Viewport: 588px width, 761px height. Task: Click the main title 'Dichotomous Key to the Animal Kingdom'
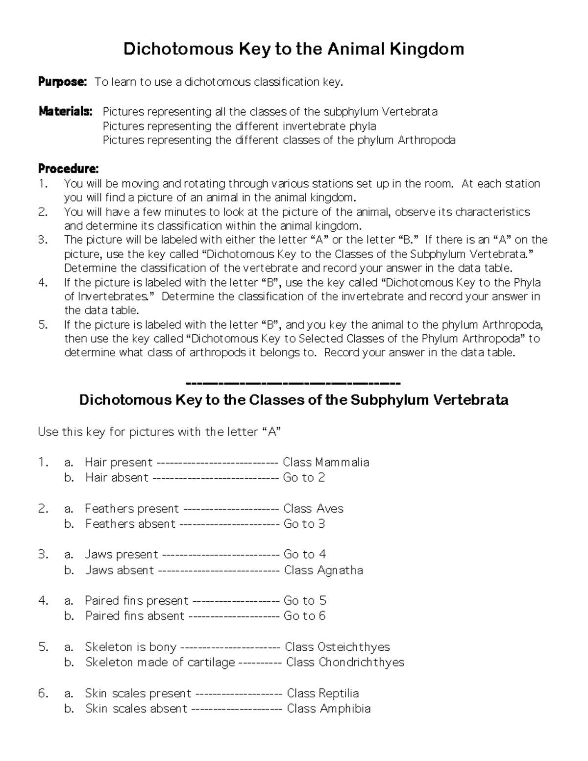pyautogui.click(x=294, y=49)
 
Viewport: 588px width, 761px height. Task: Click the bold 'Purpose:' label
pyautogui.click(x=62, y=82)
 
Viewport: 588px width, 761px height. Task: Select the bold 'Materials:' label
pyautogui.click(x=65, y=112)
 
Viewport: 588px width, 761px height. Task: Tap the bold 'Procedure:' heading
pyautogui.click(x=68, y=169)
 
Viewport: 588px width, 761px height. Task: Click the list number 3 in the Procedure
pyautogui.click(x=43, y=240)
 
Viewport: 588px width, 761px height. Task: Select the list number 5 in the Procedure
pyautogui.click(x=43, y=324)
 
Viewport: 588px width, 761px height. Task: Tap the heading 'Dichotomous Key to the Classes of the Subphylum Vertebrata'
pyautogui.click(x=294, y=400)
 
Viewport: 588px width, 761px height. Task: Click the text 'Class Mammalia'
pyautogui.click(x=326, y=462)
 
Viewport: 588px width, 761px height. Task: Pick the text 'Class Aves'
pyautogui.click(x=314, y=509)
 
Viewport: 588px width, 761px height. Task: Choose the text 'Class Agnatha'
pyautogui.click(x=323, y=570)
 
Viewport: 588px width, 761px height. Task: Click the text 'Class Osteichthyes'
pyautogui.click(x=337, y=647)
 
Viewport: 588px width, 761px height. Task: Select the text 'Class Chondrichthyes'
pyautogui.click(x=345, y=663)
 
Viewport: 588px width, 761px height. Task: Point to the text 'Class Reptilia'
pyautogui.click(x=322, y=693)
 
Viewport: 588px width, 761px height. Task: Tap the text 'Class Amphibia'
pyautogui.click(x=328, y=709)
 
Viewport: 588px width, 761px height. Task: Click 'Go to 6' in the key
pyautogui.click(x=304, y=616)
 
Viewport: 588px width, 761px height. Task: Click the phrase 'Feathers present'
pyautogui.click(x=132, y=509)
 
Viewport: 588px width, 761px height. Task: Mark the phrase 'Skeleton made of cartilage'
pyautogui.click(x=160, y=663)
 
